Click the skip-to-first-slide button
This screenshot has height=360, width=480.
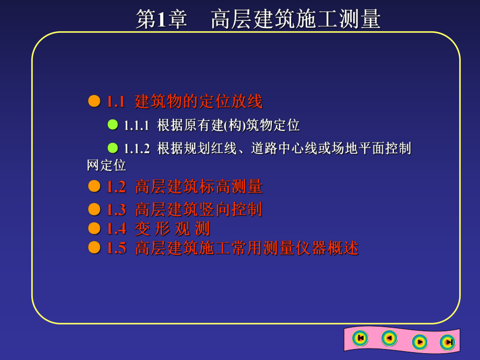pyautogui.click(x=360, y=338)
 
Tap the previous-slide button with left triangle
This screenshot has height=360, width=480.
pyautogui.click(x=389, y=338)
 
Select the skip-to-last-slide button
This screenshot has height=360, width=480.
pyautogui.click(x=447, y=342)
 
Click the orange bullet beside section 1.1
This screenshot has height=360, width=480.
pyautogui.click(x=94, y=101)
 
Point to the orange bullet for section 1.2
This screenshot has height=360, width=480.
pyautogui.click(x=94, y=186)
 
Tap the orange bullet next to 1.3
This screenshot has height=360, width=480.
pyautogui.click(x=94, y=209)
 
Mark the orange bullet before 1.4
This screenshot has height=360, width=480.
pyautogui.click(x=94, y=228)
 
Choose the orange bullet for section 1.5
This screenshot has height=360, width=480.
pyautogui.click(x=94, y=247)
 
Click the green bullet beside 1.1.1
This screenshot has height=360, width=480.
pyautogui.click(x=113, y=125)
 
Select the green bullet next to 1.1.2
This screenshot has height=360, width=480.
pyautogui.click(x=113, y=148)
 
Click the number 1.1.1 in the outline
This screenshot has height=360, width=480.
pyautogui.click(x=137, y=126)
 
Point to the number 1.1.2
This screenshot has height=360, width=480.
pyautogui.click(x=137, y=149)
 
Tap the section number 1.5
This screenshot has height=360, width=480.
pyautogui.click(x=116, y=248)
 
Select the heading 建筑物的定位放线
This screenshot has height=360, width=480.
pyautogui.click(x=198, y=101)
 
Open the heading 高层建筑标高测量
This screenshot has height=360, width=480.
pyautogui.click(x=198, y=187)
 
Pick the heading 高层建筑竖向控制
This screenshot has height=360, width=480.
pyautogui.click(x=198, y=210)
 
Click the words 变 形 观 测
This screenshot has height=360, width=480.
pyautogui.click(x=172, y=229)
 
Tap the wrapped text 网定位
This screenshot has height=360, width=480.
pyautogui.click(x=106, y=165)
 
